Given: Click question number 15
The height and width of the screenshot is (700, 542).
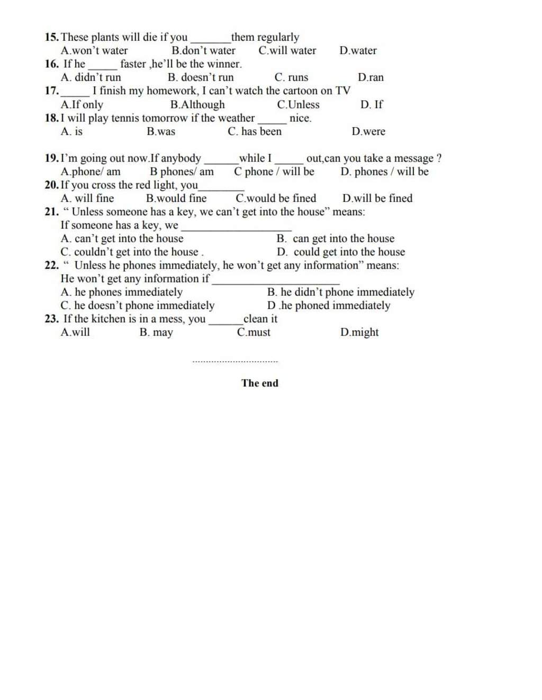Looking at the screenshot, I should (x=52, y=37).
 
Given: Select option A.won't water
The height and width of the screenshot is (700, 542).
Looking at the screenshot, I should (x=94, y=51).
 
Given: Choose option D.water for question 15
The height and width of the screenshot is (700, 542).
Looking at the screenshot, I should (x=358, y=51).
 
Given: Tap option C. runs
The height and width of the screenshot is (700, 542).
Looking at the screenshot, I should (x=291, y=77).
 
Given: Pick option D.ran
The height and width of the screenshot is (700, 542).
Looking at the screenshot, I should (x=371, y=77).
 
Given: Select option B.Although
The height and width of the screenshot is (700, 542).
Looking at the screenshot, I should (x=197, y=105).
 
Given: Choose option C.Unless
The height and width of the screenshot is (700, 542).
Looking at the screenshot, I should (x=298, y=105).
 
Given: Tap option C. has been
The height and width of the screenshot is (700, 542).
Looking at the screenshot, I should (x=255, y=131).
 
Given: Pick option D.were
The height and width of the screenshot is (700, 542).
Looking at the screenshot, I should (x=368, y=131).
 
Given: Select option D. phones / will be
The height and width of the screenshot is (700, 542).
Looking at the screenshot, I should (x=384, y=172).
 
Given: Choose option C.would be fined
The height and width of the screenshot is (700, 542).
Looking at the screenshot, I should (x=276, y=199).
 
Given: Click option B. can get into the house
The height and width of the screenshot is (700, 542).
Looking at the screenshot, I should (x=336, y=239).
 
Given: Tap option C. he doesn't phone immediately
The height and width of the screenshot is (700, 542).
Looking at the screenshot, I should (x=138, y=306).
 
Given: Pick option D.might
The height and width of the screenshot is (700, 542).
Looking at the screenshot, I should (x=359, y=332).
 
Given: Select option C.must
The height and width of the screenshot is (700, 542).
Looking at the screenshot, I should (x=254, y=332).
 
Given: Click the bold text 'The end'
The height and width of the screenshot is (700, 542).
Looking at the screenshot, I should (x=259, y=383).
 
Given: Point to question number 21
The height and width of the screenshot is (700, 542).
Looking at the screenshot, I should (x=52, y=212).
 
